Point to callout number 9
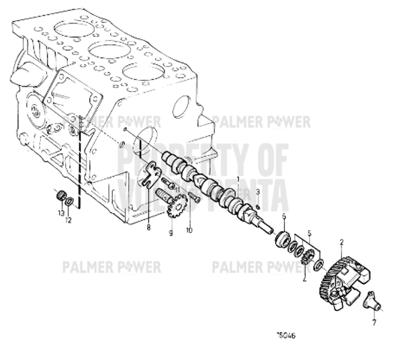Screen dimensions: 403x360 pyautogui.click(x=171, y=232)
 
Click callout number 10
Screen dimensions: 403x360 pyautogui.click(x=189, y=230)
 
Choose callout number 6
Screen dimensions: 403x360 pyautogui.click(x=284, y=216)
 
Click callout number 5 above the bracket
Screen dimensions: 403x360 pyautogui.click(x=309, y=235)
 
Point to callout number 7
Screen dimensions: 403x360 pyautogui.click(x=373, y=322)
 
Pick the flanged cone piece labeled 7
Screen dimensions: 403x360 pyautogui.click(x=371, y=301)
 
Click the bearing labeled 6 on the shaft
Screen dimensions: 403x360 pyautogui.click(x=282, y=238)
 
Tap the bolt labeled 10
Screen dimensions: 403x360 pyautogui.click(x=194, y=199)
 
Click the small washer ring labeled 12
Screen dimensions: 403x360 pyautogui.click(x=70, y=202)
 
